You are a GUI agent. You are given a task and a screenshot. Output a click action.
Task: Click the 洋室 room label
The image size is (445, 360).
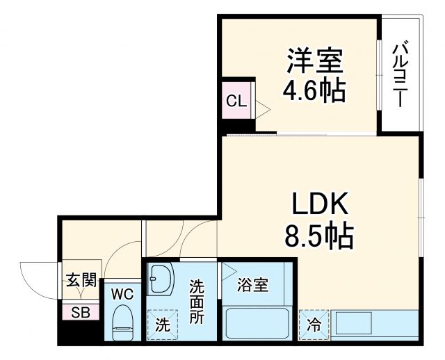pyautogui.click(x=315, y=62)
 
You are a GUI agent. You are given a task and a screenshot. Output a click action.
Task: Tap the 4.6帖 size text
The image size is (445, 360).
pyautogui.click(x=314, y=90)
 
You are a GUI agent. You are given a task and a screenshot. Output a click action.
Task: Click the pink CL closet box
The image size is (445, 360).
pyautogui.click(x=236, y=101)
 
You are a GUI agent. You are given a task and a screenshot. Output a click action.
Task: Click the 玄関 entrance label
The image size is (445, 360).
pyautogui.click(x=81, y=281)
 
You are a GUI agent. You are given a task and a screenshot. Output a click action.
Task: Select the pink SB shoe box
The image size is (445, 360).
pyautogui.click(x=80, y=312)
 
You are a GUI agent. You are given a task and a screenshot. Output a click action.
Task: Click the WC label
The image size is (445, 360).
pyautogui.click(x=123, y=293)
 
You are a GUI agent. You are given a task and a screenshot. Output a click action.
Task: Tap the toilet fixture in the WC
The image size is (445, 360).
pyautogui.click(x=124, y=324)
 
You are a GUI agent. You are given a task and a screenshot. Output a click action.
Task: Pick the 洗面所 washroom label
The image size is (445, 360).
pyautogui.click(x=197, y=301)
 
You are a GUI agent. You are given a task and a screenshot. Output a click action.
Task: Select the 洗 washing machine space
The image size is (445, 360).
pyautogui.click(x=161, y=324)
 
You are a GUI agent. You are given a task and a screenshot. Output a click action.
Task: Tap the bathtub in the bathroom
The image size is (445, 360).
pyautogui.click(x=257, y=324)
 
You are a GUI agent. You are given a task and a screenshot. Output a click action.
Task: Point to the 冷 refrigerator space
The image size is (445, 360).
pyautogui.click(x=314, y=324)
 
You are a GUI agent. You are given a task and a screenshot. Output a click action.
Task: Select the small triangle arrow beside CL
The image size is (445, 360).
pyautogui.click(x=262, y=108)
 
